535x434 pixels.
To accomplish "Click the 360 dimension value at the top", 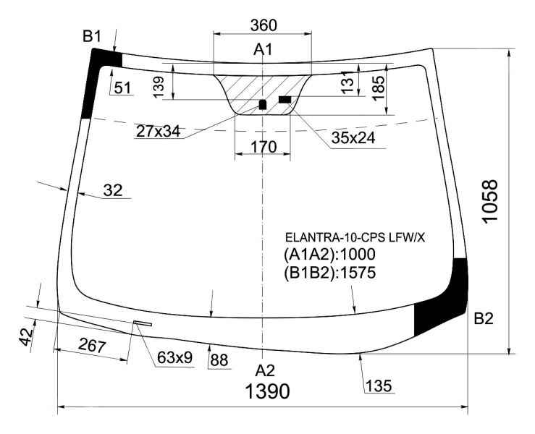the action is (264, 25).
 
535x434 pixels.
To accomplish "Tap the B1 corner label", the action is (92, 36).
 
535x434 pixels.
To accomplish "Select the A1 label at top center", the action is (263, 50).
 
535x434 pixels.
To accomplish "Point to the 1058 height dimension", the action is (490, 202).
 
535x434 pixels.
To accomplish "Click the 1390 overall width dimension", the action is (268, 391).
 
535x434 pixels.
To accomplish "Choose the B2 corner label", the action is (484, 319).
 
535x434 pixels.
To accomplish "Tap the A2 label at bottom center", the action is (265, 370).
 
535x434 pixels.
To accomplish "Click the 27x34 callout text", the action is (158, 131).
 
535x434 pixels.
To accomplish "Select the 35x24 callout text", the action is (353, 137).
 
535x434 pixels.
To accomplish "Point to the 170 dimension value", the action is (264, 147).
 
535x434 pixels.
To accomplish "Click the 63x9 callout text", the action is (174, 357).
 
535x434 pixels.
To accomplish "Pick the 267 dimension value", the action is (92, 346).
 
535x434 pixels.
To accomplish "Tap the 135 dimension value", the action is (379, 386).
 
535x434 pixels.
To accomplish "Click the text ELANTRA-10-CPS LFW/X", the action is (355, 237).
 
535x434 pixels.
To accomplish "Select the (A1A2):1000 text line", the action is (329, 255).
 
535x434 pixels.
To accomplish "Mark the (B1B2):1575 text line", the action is (330, 273).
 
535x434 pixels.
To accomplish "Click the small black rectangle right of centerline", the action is (285, 100).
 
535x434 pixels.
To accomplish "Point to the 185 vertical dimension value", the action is (379, 88).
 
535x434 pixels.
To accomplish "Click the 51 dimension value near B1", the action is (122, 88).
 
